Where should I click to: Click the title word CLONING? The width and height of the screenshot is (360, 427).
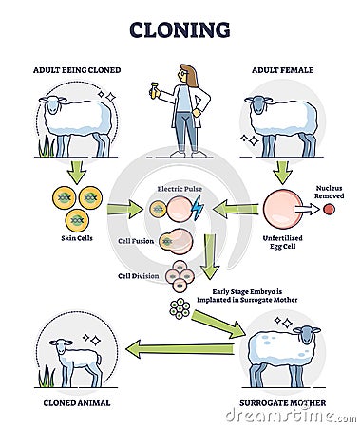(x=180, y=29)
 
